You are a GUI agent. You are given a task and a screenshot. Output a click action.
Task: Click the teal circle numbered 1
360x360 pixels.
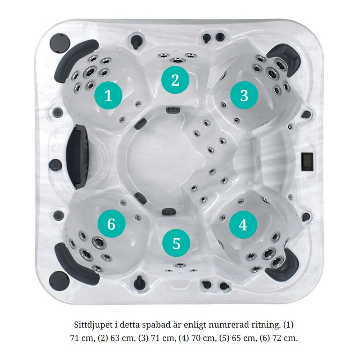[108, 95]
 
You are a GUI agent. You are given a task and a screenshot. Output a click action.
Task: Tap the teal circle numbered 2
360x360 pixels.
[175, 80]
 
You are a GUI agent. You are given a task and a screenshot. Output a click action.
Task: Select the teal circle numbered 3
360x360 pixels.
[244, 95]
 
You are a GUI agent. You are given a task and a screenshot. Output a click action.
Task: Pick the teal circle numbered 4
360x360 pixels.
[243, 225]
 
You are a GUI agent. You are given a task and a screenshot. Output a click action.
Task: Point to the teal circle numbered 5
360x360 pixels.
[176, 243]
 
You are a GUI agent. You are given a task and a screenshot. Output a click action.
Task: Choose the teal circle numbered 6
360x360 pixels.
[111, 224]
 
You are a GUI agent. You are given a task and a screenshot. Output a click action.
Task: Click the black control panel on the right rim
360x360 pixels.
[307, 161]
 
